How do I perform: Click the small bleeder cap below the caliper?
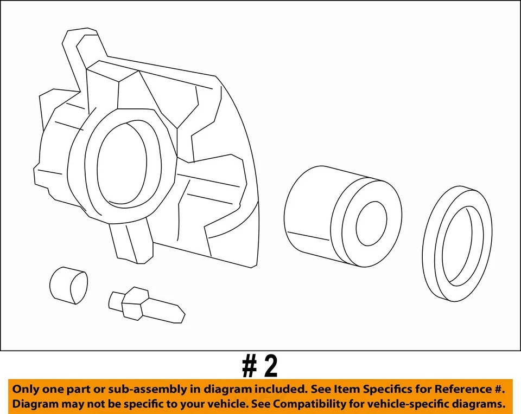pos(68,284)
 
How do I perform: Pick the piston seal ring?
pos(457,245)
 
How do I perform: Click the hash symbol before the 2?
pos(249,367)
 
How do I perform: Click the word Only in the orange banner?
pos(26,389)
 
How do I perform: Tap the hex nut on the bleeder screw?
pos(134,303)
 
